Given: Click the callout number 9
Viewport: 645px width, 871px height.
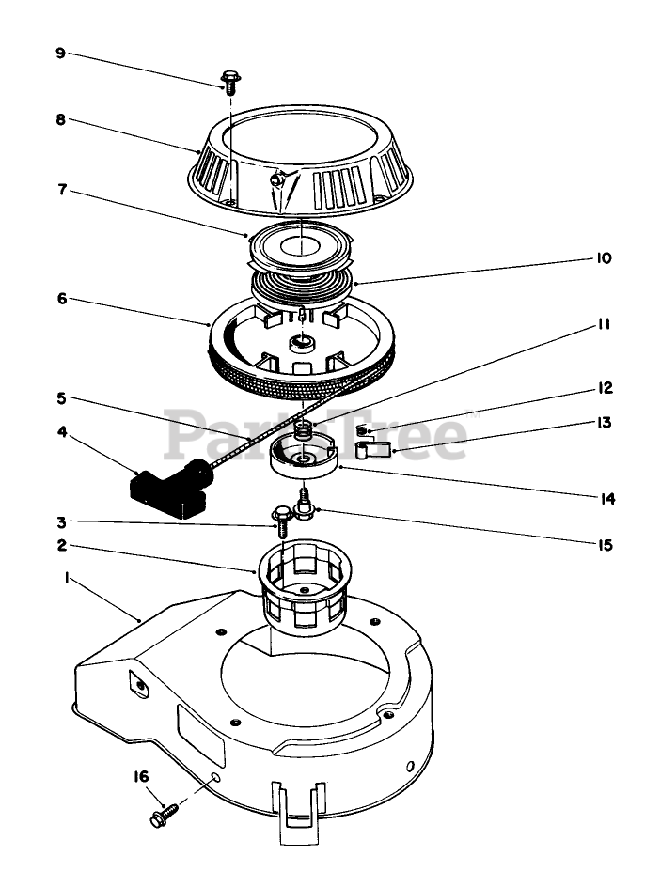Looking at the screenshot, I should (60, 53).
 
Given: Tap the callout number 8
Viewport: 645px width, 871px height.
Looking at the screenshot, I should (60, 120).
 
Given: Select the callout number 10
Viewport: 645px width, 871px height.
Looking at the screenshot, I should (603, 258).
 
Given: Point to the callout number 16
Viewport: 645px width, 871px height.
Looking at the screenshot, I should (141, 776).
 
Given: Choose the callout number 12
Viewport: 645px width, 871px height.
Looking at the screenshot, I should (603, 387).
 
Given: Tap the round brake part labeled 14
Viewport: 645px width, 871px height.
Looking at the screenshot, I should (304, 459).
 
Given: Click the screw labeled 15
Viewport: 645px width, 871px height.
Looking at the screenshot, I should (304, 505).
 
